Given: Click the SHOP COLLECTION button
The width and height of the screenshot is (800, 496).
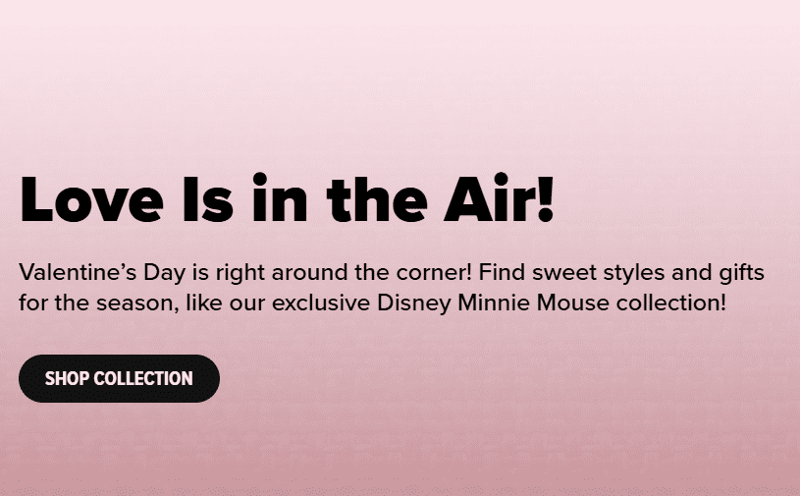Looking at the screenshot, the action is click(x=119, y=379).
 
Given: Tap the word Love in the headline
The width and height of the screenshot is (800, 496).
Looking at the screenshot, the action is click(x=92, y=199).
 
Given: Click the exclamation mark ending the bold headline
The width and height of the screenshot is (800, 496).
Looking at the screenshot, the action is click(x=546, y=199).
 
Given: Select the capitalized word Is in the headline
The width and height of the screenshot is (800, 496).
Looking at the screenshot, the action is click(x=208, y=199).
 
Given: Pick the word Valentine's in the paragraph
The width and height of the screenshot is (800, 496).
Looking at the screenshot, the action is click(x=78, y=272).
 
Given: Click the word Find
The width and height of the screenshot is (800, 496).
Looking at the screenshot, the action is click(x=502, y=272).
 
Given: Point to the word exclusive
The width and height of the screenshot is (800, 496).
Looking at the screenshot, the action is click(x=321, y=303).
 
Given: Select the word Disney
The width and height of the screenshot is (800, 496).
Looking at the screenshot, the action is click(x=414, y=304).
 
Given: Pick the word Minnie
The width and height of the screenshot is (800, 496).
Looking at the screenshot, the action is click(x=494, y=303).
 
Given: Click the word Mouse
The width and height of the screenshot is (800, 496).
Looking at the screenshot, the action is click(x=573, y=303).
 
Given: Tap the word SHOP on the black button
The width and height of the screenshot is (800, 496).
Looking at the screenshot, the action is click(x=67, y=379).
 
